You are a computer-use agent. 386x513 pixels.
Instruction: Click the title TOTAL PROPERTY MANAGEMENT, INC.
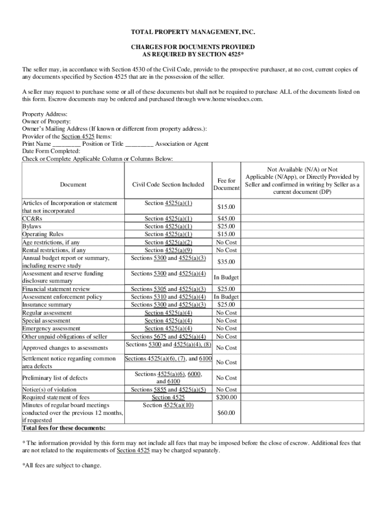coord(193,33)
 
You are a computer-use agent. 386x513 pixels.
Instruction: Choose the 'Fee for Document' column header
coord(227,184)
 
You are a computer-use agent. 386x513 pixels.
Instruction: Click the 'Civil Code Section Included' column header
coord(168,184)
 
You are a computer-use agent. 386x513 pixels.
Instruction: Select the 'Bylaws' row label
coord(31,226)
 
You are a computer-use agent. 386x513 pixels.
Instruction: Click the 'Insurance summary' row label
coord(47,305)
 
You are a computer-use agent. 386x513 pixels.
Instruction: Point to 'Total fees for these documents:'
coord(64,428)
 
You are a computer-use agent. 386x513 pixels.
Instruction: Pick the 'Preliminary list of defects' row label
coord(55,378)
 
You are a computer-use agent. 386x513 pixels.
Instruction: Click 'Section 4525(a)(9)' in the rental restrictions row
coord(168,250)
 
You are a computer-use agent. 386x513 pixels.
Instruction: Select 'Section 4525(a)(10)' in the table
coord(168,405)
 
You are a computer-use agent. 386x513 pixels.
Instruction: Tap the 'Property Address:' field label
coord(45,115)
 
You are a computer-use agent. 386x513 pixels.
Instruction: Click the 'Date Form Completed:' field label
coord(51,151)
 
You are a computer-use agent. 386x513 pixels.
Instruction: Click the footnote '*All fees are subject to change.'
coord(62,465)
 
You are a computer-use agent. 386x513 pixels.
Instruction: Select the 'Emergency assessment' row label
coord(51,329)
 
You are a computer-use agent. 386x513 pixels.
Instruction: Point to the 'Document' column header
coord(73,184)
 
